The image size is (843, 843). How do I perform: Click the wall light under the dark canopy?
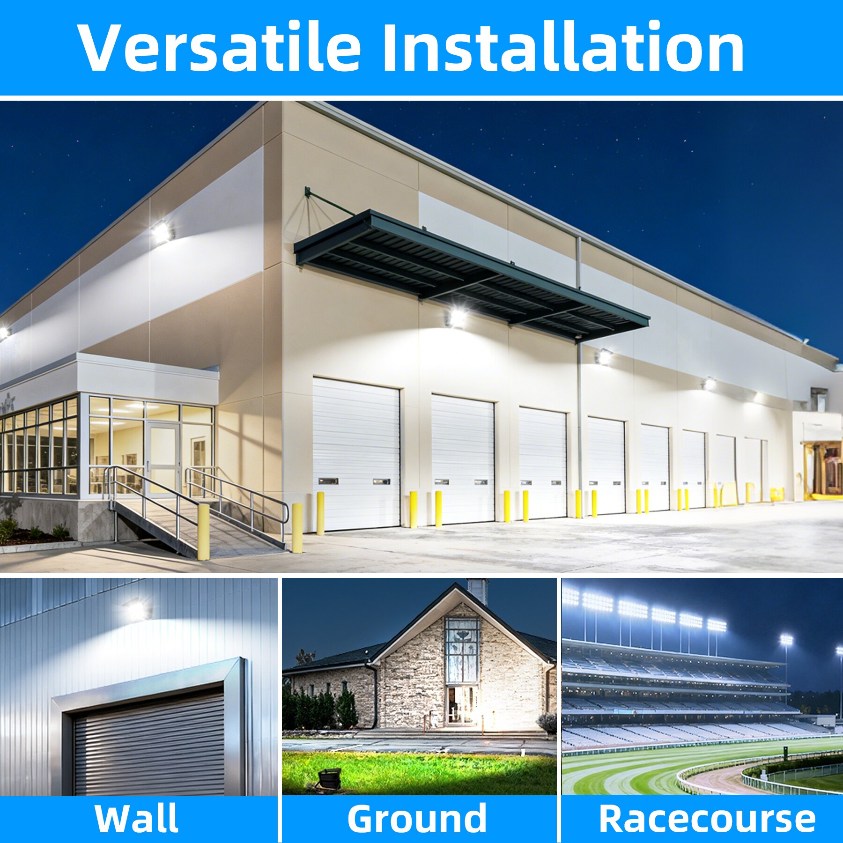pos(456,316)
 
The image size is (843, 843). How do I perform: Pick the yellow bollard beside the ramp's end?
pos(297,528)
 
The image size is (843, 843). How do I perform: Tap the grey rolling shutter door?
pos(150,745)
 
